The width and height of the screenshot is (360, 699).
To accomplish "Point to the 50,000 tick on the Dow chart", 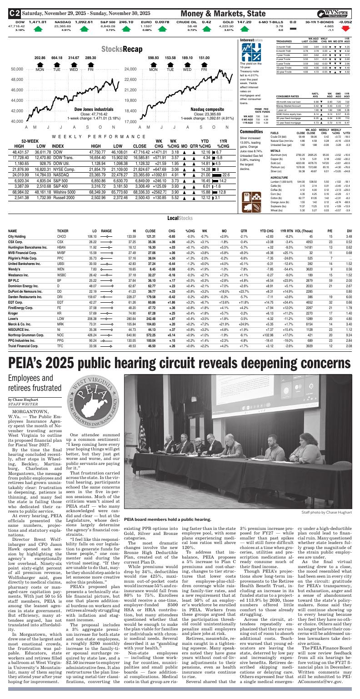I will point(17,69).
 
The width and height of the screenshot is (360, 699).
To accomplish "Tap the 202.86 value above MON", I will point(40,58).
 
